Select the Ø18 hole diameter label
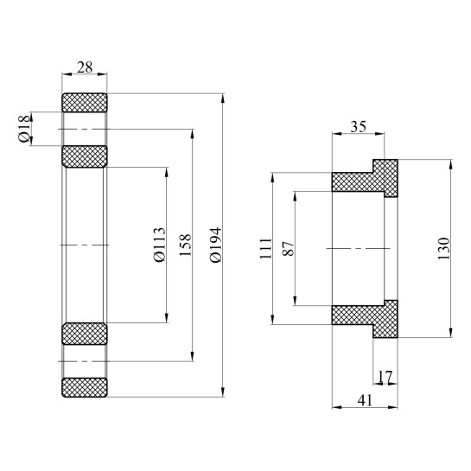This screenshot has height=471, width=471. click(x=23, y=130)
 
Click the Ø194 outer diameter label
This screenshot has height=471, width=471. click(x=215, y=245)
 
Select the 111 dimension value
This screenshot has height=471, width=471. click(x=264, y=250)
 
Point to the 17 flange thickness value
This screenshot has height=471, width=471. click(x=385, y=377)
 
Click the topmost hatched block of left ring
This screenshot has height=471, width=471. click(x=84, y=102)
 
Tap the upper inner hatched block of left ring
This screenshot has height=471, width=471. click(x=84, y=157)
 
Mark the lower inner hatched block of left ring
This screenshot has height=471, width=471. click(x=84, y=334)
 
